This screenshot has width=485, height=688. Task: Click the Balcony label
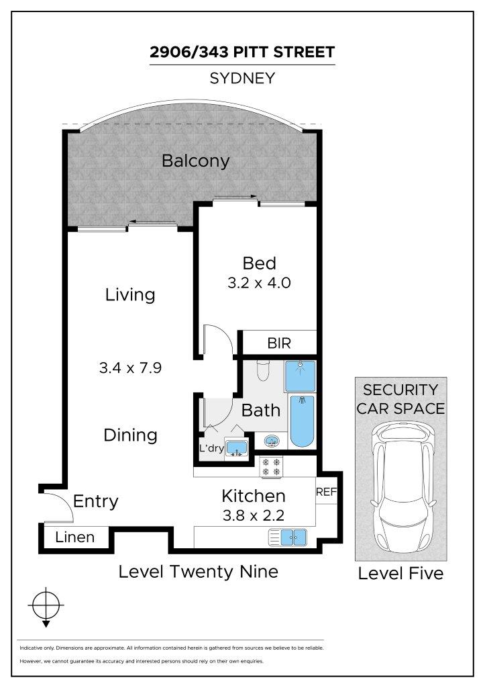pos(195,161)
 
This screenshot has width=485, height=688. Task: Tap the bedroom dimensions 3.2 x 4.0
pos(259,283)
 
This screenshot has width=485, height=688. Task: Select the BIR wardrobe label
pos(279,343)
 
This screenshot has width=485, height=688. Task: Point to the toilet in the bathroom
pos(262,371)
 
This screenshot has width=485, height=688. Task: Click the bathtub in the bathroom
pos(302,421)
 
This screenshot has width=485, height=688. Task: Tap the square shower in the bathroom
pos(300,376)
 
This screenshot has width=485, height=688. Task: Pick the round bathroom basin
pos(270,441)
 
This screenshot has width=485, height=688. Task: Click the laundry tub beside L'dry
pos(236,448)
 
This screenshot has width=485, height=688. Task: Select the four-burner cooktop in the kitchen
pos(271,467)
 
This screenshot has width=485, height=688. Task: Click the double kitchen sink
pos(287,537)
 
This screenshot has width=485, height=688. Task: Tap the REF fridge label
pos(327,492)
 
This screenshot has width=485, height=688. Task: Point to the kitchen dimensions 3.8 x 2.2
pos(254,515)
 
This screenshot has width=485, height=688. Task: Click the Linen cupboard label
pos(75,537)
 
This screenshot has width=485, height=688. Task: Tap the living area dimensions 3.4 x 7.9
pos(130,368)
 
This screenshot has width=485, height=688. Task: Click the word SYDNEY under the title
pos(242,78)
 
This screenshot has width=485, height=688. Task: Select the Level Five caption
pos(400,574)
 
